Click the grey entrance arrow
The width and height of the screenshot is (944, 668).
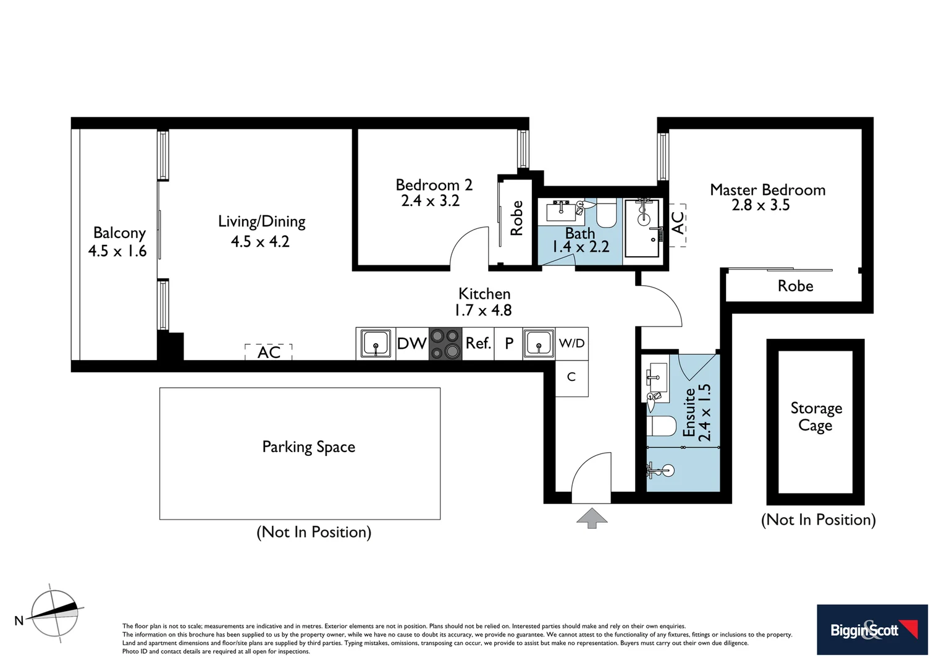pyautogui.click(x=592, y=518)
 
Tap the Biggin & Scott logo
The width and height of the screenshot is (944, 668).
pyautogui.click(x=872, y=630)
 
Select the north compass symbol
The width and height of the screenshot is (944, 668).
pyautogui.click(x=55, y=613)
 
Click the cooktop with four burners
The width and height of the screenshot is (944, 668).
pyautogui.click(x=445, y=344)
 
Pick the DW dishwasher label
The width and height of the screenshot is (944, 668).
pyautogui.click(x=411, y=344)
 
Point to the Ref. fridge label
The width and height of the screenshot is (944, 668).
pyautogui.click(x=478, y=343)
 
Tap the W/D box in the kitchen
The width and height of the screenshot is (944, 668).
pyautogui.click(x=571, y=343)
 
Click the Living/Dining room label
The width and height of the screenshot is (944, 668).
pyautogui.click(x=261, y=221)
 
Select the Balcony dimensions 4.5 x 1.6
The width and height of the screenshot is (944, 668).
pyautogui.click(x=117, y=251)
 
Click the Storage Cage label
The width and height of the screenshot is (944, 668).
pyautogui.click(x=815, y=416)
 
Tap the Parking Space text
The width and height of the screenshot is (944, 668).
pyautogui.click(x=308, y=447)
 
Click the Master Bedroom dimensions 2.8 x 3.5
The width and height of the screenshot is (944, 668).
pyautogui.click(x=761, y=205)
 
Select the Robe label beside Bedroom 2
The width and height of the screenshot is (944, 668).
pyautogui.click(x=516, y=218)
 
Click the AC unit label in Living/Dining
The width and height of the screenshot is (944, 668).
pyautogui.click(x=269, y=352)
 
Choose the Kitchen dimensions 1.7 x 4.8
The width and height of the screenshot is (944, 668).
pyautogui.click(x=483, y=310)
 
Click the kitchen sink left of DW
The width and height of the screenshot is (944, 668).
pyautogui.click(x=376, y=343)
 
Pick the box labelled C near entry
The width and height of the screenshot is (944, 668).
pyautogui.click(x=571, y=377)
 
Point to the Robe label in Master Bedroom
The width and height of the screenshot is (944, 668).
pyautogui.click(x=795, y=286)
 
